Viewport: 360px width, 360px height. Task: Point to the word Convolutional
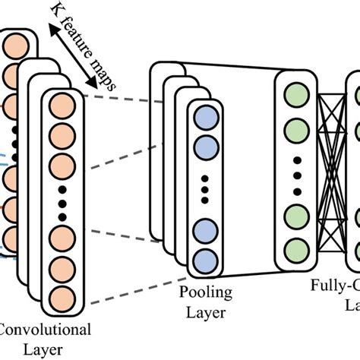(x=46, y=330)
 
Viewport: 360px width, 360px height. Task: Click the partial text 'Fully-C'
(x=334, y=287)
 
